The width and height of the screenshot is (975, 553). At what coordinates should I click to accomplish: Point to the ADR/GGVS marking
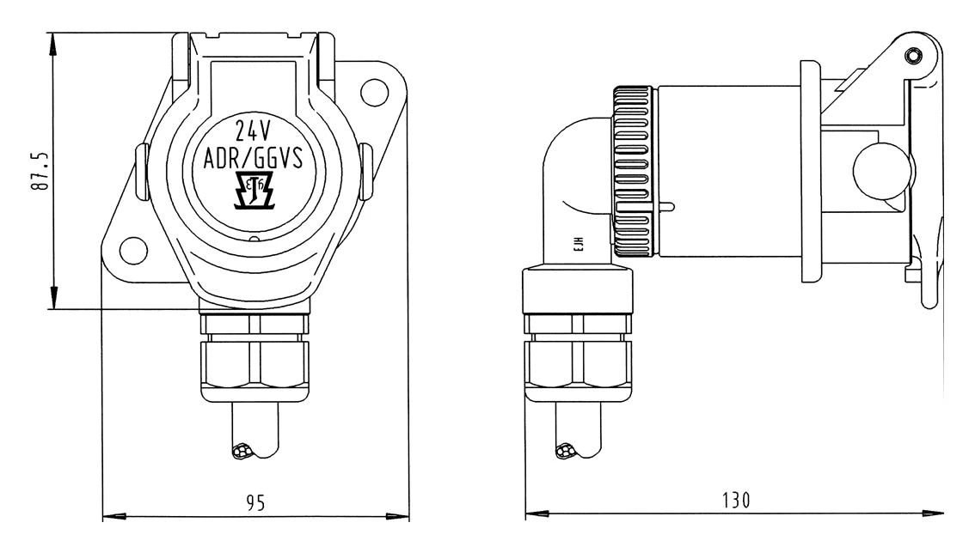(254, 160)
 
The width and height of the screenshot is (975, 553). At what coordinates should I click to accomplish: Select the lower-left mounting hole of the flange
(132, 250)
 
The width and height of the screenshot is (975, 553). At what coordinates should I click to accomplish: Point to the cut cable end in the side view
(567, 450)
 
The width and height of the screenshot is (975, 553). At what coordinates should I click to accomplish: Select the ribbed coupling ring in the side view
(635, 172)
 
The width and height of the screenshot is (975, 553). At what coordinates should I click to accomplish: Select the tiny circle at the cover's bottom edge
(254, 240)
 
